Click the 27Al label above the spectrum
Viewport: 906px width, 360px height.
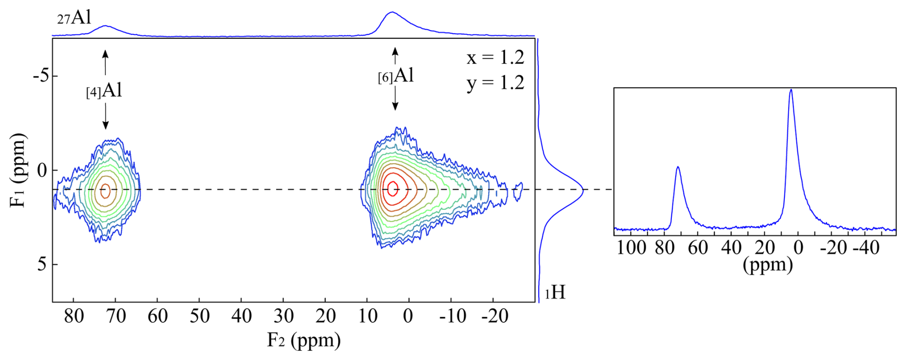click(74, 18)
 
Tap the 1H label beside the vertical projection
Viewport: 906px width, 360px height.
click(555, 292)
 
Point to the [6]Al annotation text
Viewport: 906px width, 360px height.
click(396, 76)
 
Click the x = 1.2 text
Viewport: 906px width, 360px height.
click(496, 58)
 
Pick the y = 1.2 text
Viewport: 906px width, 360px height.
click(496, 83)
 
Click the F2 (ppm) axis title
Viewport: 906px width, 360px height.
click(304, 340)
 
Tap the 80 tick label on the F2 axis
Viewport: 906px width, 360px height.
click(74, 316)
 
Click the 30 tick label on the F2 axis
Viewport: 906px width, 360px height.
click(283, 316)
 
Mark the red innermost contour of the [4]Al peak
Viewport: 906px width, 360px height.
click(105, 191)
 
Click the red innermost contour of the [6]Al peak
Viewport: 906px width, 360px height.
click(393, 189)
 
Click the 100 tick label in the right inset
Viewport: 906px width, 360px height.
click(631, 248)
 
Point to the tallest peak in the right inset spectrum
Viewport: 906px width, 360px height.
click(791, 91)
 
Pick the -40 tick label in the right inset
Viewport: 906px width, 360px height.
click(867, 248)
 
